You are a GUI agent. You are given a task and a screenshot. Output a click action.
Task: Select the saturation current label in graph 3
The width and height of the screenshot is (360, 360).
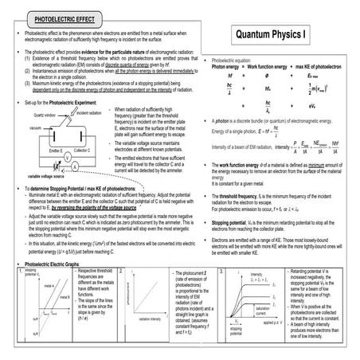263,310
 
